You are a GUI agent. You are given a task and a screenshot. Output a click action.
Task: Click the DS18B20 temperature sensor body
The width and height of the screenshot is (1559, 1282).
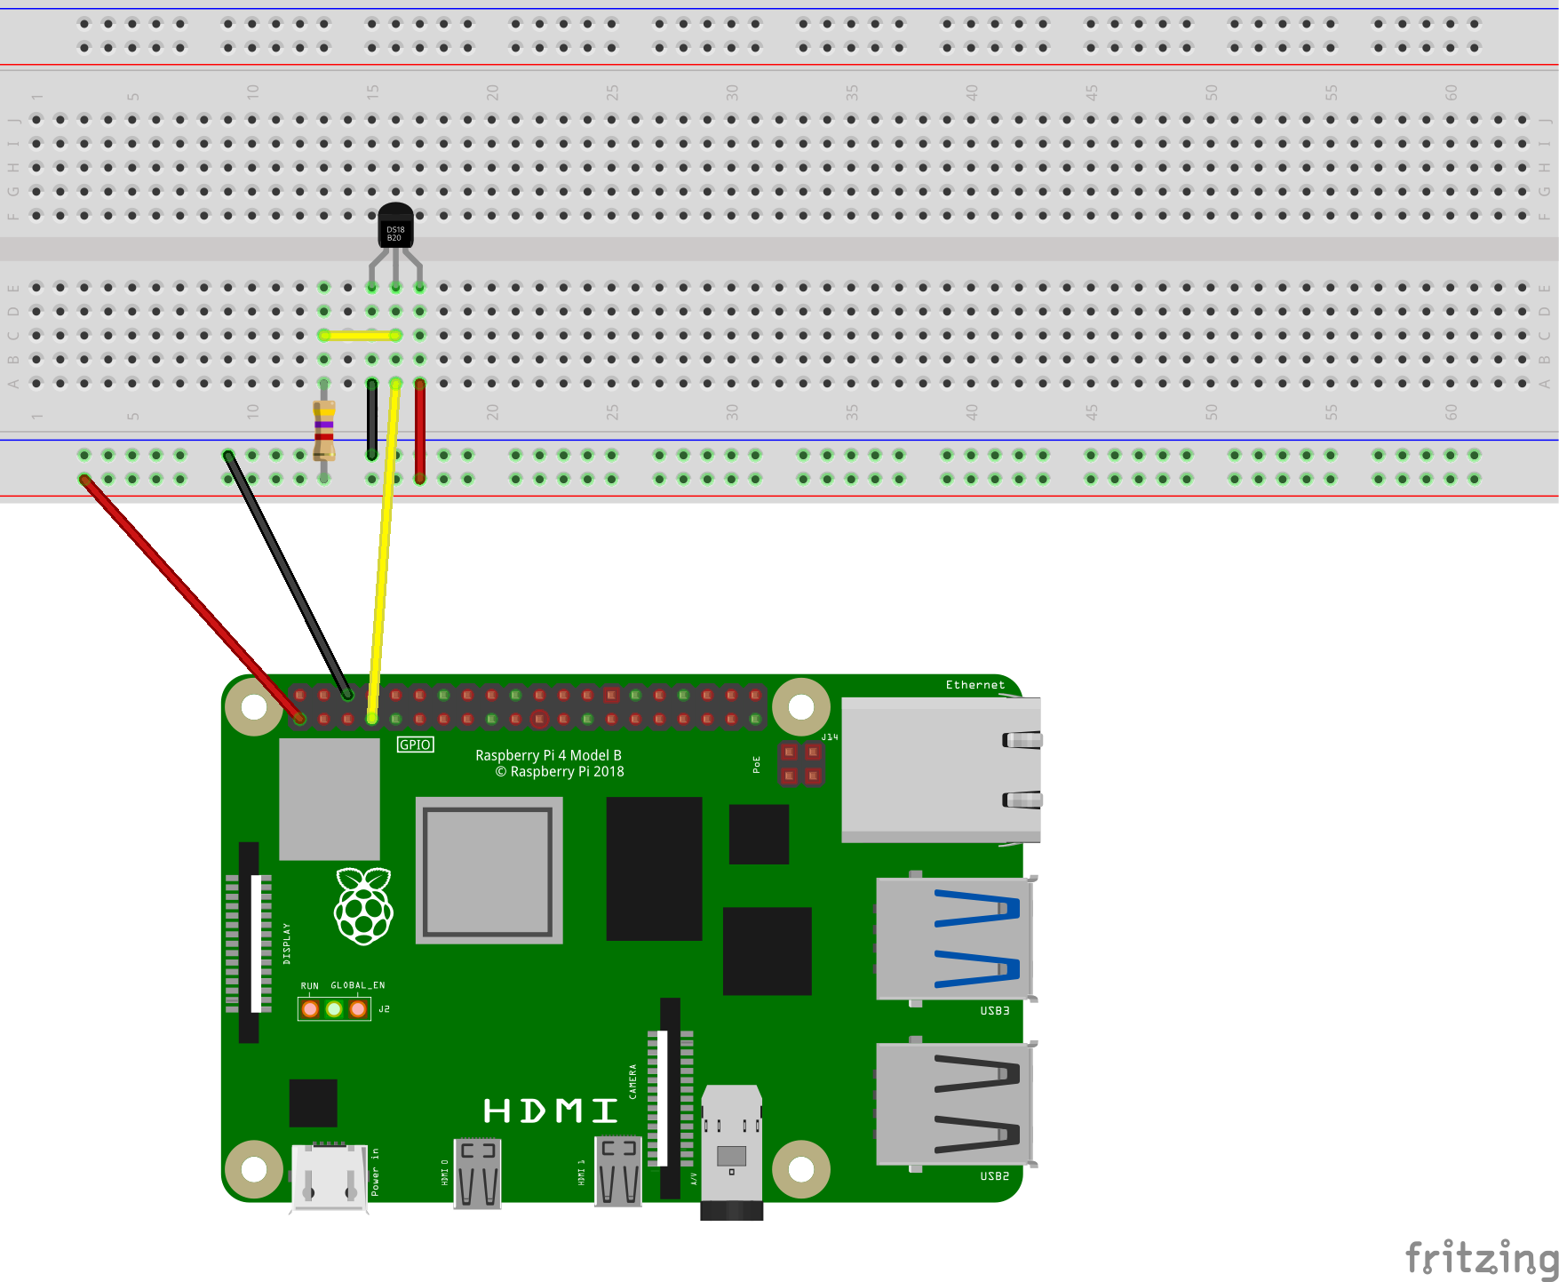pyautogui.click(x=395, y=227)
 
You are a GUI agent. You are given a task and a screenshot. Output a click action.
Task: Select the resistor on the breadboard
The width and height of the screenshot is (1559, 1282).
pyautogui.click(x=324, y=429)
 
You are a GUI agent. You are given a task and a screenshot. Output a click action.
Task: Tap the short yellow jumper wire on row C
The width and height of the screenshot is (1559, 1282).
pyautogui.click(x=360, y=335)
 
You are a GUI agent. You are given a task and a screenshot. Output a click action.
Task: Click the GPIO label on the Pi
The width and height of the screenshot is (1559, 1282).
pyautogui.click(x=415, y=745)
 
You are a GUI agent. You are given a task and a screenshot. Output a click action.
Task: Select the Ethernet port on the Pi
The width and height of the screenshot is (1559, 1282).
pyautogui.click(x=940, y=769)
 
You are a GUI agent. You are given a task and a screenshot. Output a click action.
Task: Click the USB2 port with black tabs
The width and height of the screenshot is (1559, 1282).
pyautogui.click(x=954, y=1103)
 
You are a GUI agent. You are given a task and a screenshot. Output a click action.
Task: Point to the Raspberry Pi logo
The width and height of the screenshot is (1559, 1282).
pyautogui.click(x=363, y=905)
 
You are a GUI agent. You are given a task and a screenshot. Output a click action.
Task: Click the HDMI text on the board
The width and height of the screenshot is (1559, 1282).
pyautogui.click(x=550, y=1111)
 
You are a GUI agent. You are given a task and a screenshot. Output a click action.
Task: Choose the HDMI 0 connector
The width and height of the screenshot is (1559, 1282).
pyautogui.click(x=478, y=1174)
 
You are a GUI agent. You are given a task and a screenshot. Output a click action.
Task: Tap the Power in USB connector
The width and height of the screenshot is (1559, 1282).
pyautogui.click(x=330, y=1176)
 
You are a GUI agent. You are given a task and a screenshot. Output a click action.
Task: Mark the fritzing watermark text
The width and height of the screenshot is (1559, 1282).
pyautogui.click(x=1481, y=1258)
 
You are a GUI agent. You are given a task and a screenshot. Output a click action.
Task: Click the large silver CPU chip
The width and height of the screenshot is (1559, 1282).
pyautogui.click(x=489, y=871)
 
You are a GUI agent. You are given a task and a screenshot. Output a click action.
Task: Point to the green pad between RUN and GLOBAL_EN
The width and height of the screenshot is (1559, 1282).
pyautogui.click(x=334, y=1009)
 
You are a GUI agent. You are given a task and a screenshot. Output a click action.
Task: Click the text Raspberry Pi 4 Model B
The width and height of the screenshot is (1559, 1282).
pyautogui.click(x=548, y=755)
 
